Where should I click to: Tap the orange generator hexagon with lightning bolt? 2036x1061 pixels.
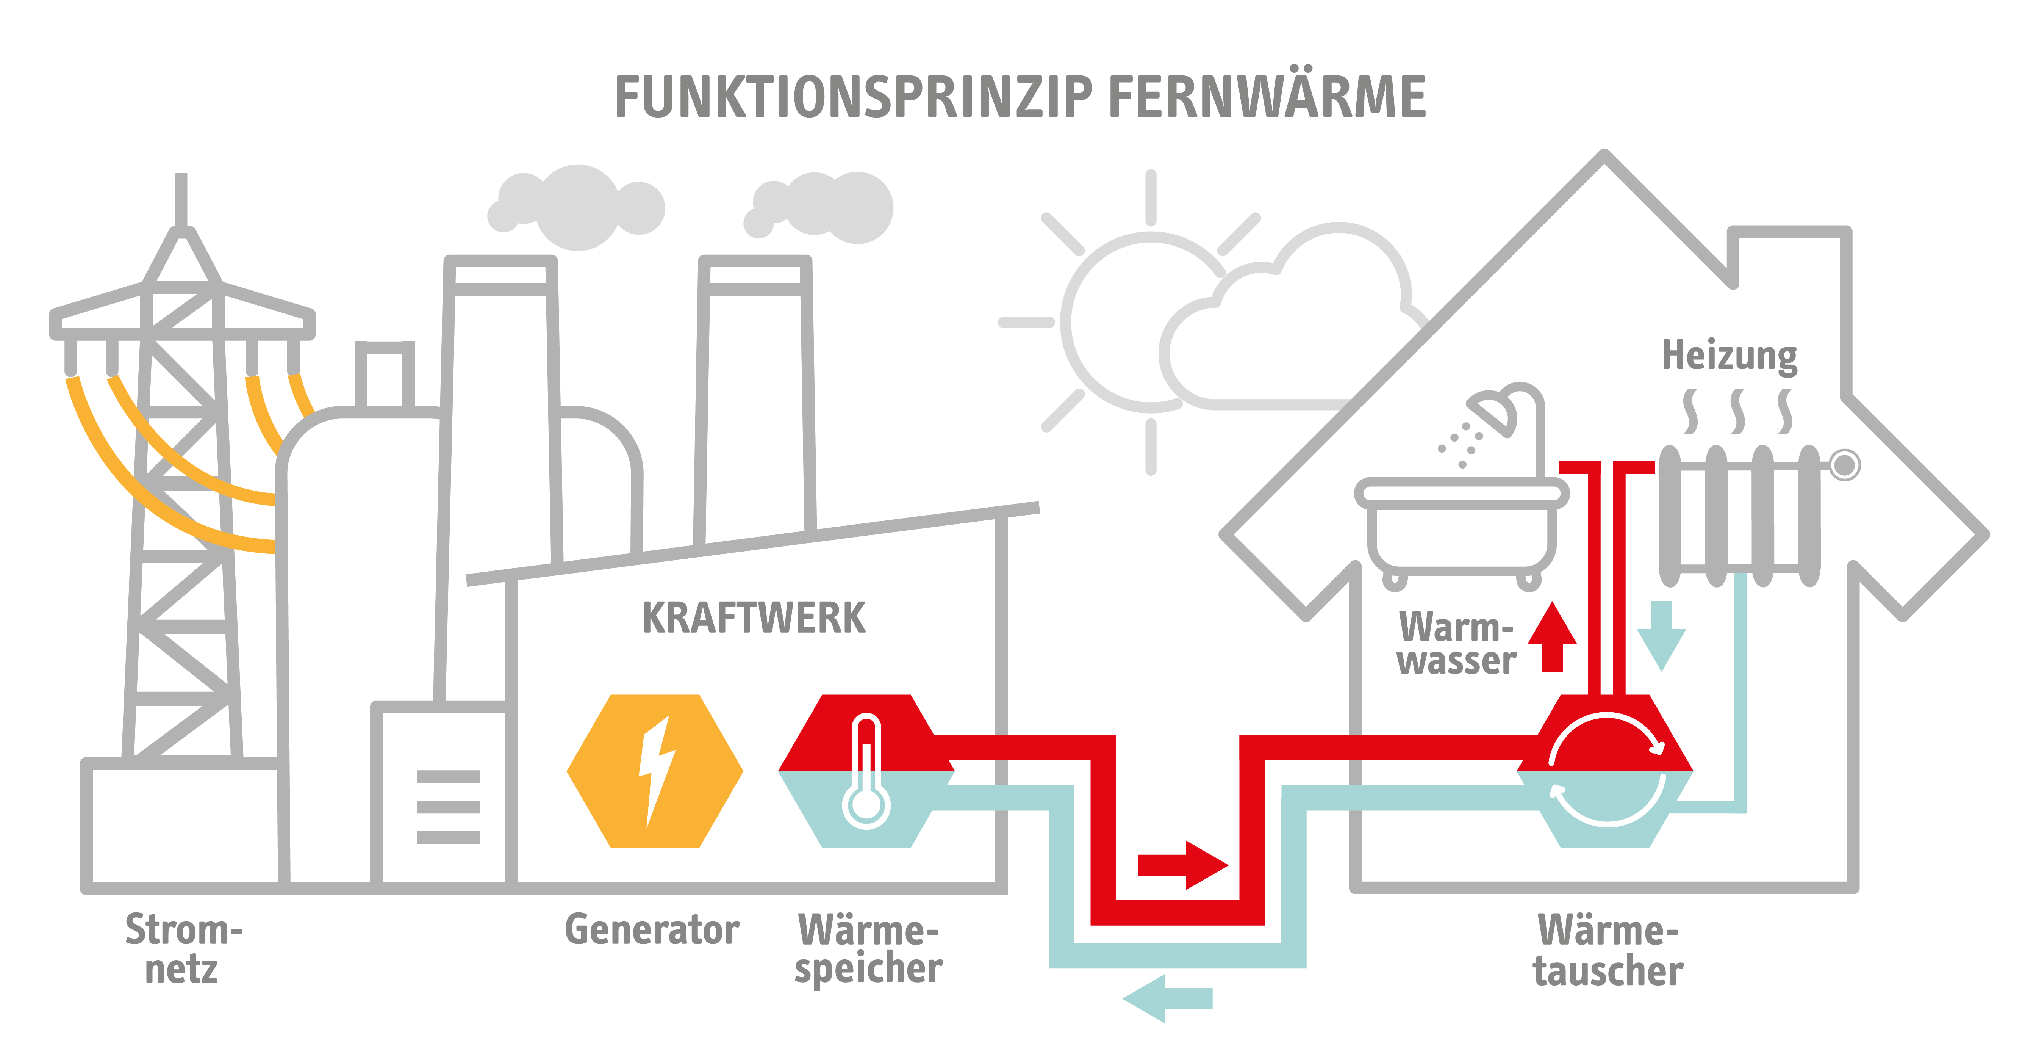coord(654,771)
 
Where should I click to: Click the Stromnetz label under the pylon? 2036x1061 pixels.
coord(183,949)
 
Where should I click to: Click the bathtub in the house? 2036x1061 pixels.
coord(1461,530)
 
